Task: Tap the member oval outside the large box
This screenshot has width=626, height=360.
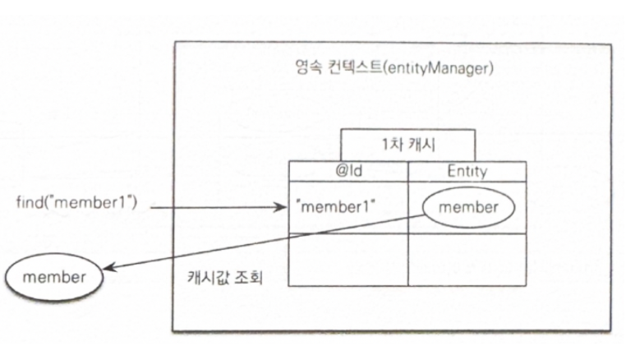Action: coord(54,276)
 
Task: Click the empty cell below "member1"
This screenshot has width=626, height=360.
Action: coord(348,259)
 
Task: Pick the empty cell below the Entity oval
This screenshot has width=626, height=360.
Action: coord(467,259)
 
